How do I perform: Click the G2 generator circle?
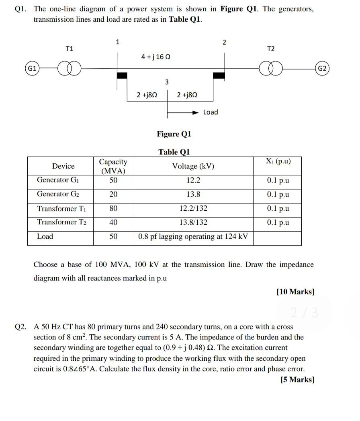point(322,69)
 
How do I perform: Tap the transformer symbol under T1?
point(70,69)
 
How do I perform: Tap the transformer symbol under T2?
point(271,69)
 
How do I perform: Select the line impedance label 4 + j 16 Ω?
point(156,57)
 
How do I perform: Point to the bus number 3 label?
point(167,82)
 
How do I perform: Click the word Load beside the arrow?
point(211,112)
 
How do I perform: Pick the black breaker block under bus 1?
point(122,75)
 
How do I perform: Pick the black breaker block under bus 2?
point(219,75)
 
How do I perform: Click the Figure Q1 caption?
point(174,134)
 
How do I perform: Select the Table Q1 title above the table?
point(174,152)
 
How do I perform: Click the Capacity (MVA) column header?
point(113,166)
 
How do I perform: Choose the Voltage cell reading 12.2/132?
point(193,208)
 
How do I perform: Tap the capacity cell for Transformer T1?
point(113,208)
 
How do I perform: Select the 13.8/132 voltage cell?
point(193,222)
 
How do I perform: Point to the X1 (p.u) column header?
point(278,161)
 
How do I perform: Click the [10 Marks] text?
point(295,292)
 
